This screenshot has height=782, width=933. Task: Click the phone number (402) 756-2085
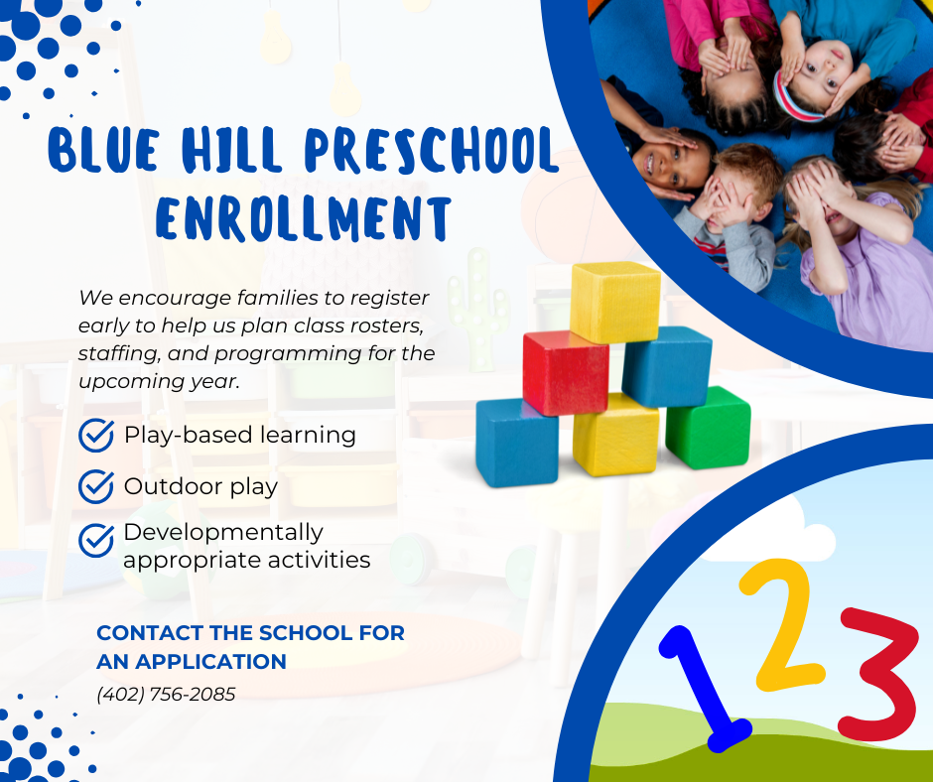[166, 695]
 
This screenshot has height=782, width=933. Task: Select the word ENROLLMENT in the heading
[304, 218]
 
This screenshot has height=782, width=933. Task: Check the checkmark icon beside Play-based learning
[96, 435]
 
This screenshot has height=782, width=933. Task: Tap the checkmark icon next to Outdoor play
[96, 486]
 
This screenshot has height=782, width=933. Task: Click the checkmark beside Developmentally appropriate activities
[96, 539]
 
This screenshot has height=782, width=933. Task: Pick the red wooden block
[565, 372]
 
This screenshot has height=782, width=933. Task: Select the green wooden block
[708, 429]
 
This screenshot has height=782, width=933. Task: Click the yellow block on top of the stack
[615, 302]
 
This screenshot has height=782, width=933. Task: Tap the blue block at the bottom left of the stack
[516, 442]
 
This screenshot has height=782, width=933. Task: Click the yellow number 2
[783, 625]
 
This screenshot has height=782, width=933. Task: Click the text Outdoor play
[200, 487]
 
